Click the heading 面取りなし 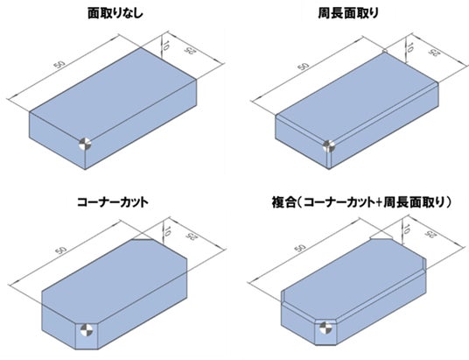(x=115, y=14)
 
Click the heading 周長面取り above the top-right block (x=348, y=13)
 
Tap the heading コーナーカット (x=113, y=202)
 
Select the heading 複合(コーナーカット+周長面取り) (x=361, y=202)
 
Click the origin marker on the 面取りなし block (x=85, y=145)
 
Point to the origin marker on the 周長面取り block (x=329, y=146)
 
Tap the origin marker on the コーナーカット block (x=87, y=330)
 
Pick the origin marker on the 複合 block (x=325, y=328)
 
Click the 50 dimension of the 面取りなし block (x=59, y=66)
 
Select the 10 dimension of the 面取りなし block (x=166, y=45)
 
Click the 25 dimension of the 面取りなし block (x=188, y=51)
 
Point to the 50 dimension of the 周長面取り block (x=304, y=66)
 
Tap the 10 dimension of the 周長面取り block (x=410, y=47)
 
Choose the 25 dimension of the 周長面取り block (x=432, y=53)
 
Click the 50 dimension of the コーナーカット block (x=61, y=249)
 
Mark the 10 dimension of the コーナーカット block (x=167, y=231)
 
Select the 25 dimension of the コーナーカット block (x=190, y=235)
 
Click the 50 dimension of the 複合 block (x=301, y=248)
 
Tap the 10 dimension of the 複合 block (x=406, y=229)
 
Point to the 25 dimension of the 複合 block (x=430, y=234)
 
